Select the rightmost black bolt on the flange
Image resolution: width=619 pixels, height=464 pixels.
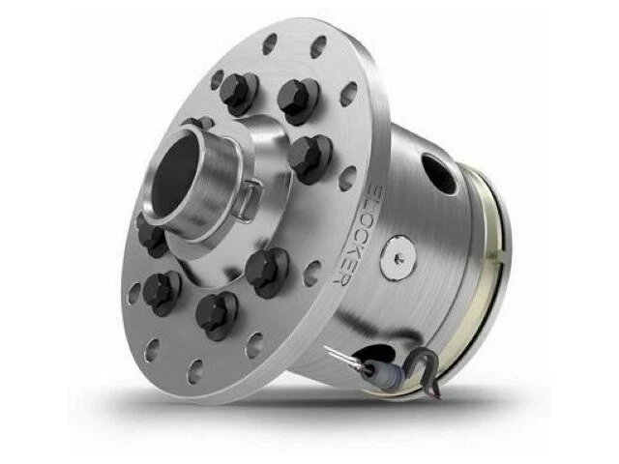[x=310, y=155]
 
